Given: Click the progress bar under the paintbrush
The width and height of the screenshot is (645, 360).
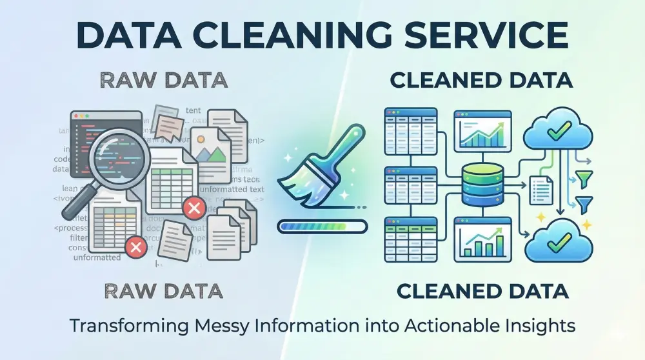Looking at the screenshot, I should click(321, 226).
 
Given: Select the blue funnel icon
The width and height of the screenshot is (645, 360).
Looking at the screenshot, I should click(586, 205).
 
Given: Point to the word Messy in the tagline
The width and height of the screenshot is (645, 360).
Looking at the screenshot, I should click(216, 326).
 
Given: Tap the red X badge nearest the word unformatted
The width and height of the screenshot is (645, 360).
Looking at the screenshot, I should click(134, 246).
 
